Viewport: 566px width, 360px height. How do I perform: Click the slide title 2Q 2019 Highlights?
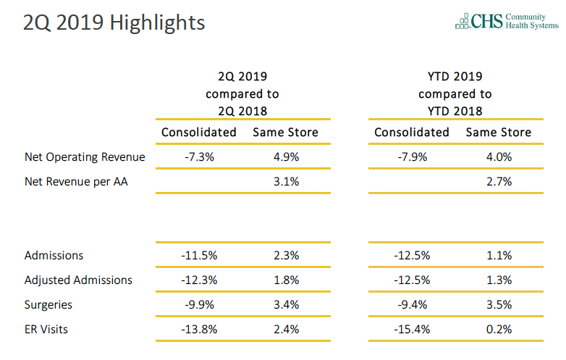point(114,22)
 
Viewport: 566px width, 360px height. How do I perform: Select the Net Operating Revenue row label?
point(85,156)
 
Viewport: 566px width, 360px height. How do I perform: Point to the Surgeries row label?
point(48,305)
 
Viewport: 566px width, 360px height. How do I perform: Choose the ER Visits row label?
point(46,330)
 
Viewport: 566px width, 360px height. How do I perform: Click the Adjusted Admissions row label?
point(78,280)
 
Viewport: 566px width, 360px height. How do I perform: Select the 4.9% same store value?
point(285,156)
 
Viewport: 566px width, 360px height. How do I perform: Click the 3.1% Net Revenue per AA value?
point(285,182)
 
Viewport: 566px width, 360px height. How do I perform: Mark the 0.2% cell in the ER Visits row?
point(499,330)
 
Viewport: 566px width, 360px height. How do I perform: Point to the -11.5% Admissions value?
point(198,255)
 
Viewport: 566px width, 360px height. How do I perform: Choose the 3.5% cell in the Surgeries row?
point(499,305)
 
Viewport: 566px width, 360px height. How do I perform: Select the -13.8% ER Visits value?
point(198,330)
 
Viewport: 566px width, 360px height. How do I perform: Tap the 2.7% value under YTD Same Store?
point(499,182)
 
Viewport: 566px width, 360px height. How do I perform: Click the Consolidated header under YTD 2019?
point(411,132)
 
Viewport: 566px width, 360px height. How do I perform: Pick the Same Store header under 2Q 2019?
point(285,132)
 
